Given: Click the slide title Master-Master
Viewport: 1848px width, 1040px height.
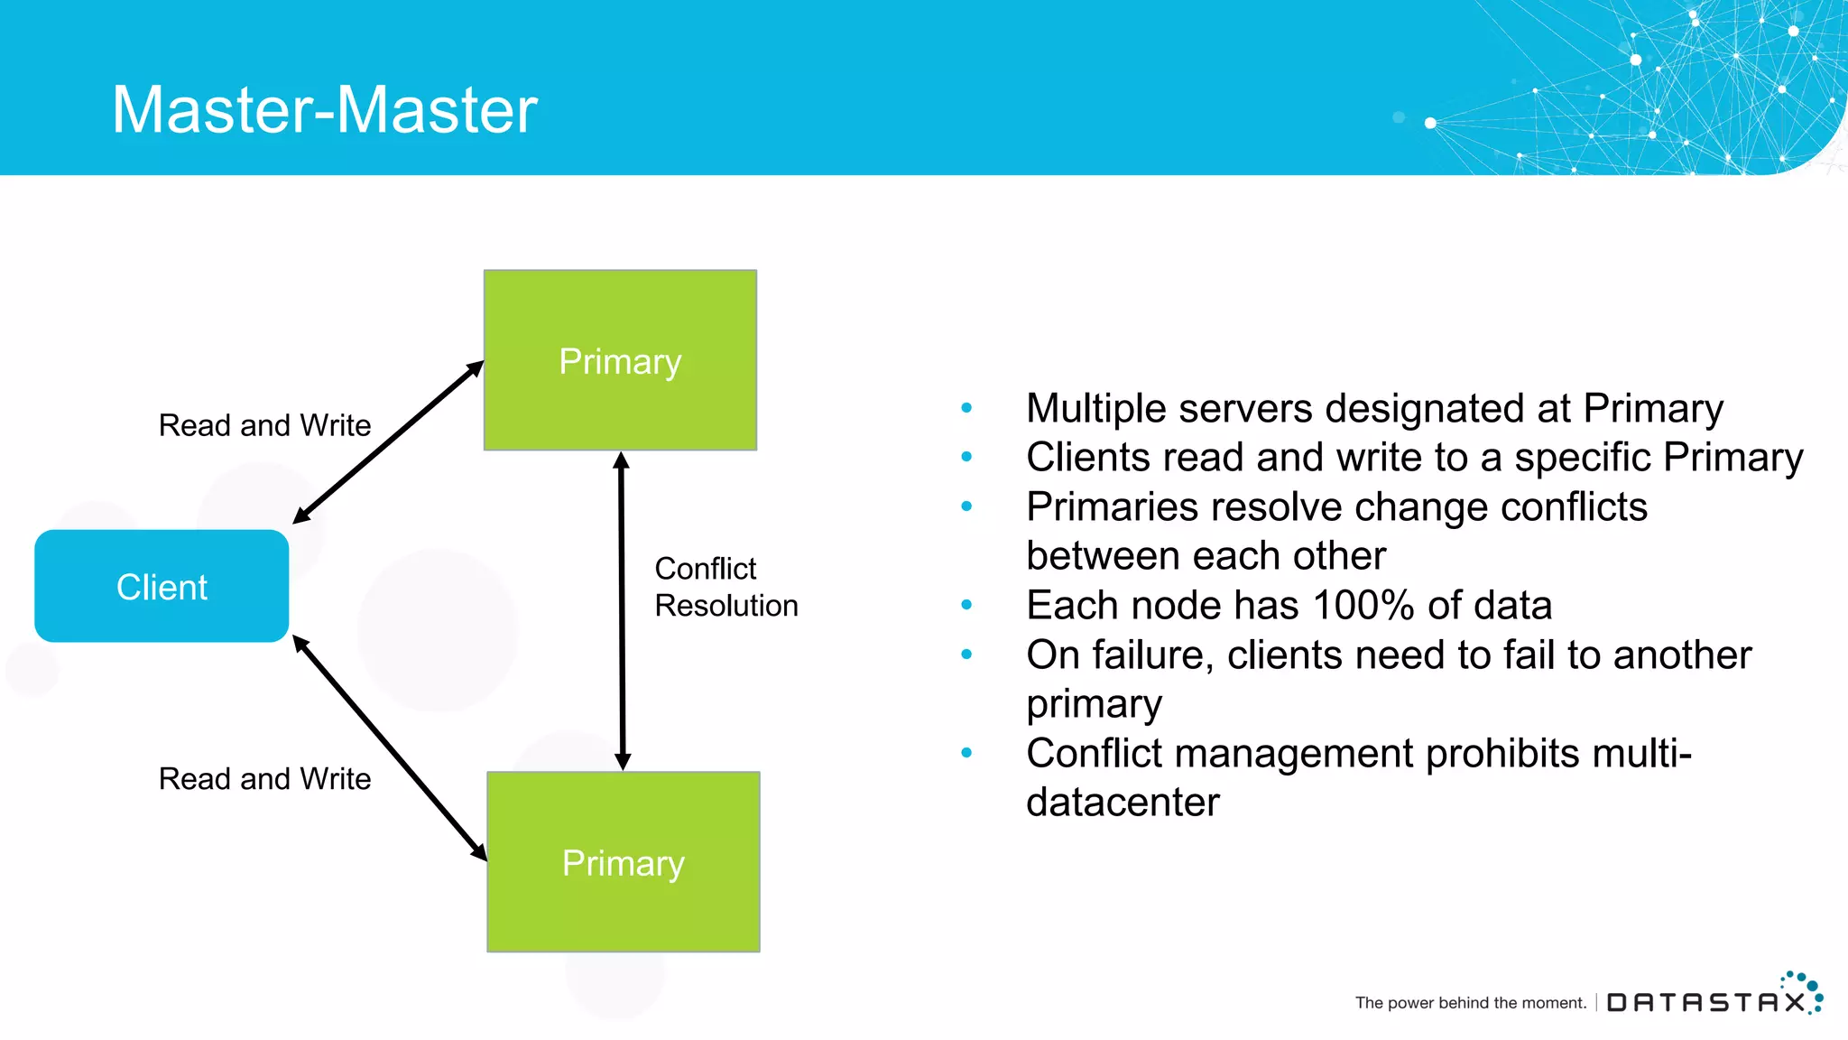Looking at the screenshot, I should [324, 110].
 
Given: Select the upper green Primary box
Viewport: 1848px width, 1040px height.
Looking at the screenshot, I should [620, 360].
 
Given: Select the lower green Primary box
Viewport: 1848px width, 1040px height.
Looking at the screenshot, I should [623, 862].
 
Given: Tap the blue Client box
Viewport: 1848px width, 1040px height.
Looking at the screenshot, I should [162, 587].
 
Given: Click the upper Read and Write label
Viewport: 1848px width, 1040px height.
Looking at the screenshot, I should [264, 425].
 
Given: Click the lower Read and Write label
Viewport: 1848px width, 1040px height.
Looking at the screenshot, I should [264, 779].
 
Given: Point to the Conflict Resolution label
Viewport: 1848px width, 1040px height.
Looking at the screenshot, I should [725, 587].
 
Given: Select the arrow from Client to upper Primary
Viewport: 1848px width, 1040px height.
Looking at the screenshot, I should [388, 442].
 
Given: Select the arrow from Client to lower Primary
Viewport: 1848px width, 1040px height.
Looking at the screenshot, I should [390, 748].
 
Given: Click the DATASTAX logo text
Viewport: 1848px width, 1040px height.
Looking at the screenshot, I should [1705, 1002].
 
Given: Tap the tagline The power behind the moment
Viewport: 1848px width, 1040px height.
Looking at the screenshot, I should [1470, 1003].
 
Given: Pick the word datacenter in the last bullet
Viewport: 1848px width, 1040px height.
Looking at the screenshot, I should [1123, 803].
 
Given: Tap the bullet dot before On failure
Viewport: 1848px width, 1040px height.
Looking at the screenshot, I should [966, 655].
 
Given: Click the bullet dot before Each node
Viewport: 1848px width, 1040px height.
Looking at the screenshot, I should [966, 605].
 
